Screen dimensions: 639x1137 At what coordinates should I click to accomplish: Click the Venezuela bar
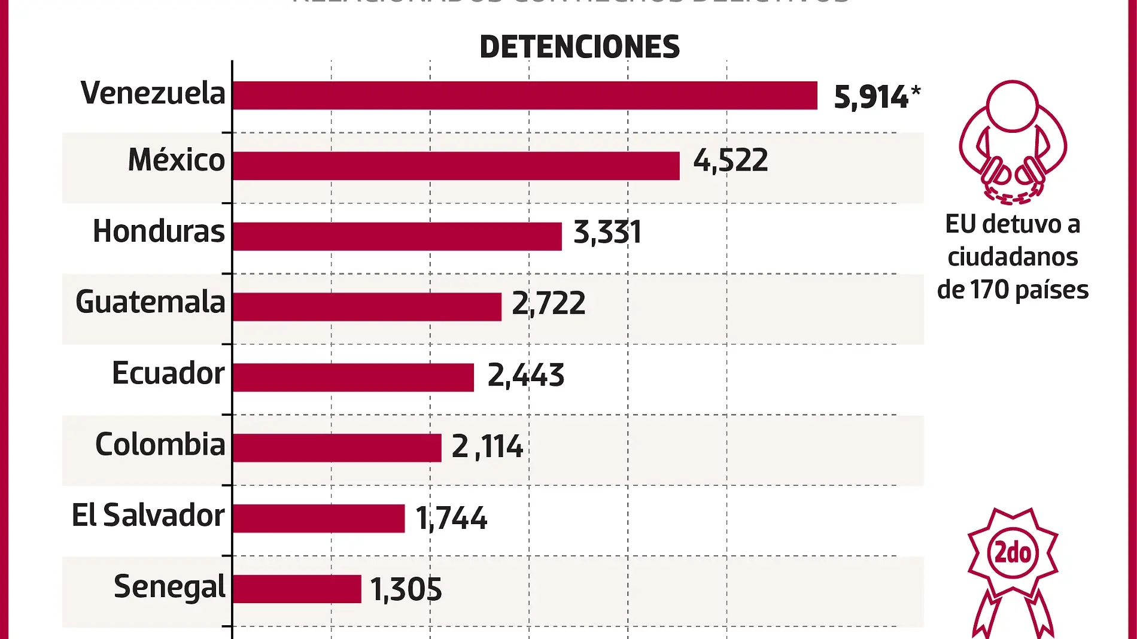(x=525, y=96)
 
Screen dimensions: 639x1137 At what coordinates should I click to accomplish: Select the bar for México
(x=456, y=166)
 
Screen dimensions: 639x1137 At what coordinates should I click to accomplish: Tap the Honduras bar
(x=397, y=236)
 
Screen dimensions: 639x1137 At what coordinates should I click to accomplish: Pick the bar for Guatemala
(x=367, y=307)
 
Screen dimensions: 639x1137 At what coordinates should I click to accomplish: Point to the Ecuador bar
(x=353, y=378)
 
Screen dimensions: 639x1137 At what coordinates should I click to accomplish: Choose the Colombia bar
(x=337, y=448)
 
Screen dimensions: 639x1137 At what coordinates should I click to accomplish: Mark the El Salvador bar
(x=318, y=519)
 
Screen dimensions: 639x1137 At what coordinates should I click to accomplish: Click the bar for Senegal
(x=297, y=589)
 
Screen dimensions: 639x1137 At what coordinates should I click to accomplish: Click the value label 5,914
(x=871, y=97)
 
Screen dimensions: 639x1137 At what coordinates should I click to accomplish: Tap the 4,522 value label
(x=731, y=160)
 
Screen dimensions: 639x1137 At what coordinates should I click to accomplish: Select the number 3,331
(x=607, y=232)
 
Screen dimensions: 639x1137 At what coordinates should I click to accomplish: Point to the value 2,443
(x=526, y=375)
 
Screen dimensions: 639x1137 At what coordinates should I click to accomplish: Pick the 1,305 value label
(x=406, y=589)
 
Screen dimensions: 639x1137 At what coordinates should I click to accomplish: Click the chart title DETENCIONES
(x=579, y=47)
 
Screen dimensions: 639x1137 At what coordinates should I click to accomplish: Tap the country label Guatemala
(x=150, y=302)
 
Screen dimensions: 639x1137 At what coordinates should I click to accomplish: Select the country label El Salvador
(x=148, y=515)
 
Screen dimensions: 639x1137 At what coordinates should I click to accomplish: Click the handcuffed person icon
(x=1013, y=141)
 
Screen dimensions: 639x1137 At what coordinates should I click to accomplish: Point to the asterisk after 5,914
(x=916, y=91)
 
